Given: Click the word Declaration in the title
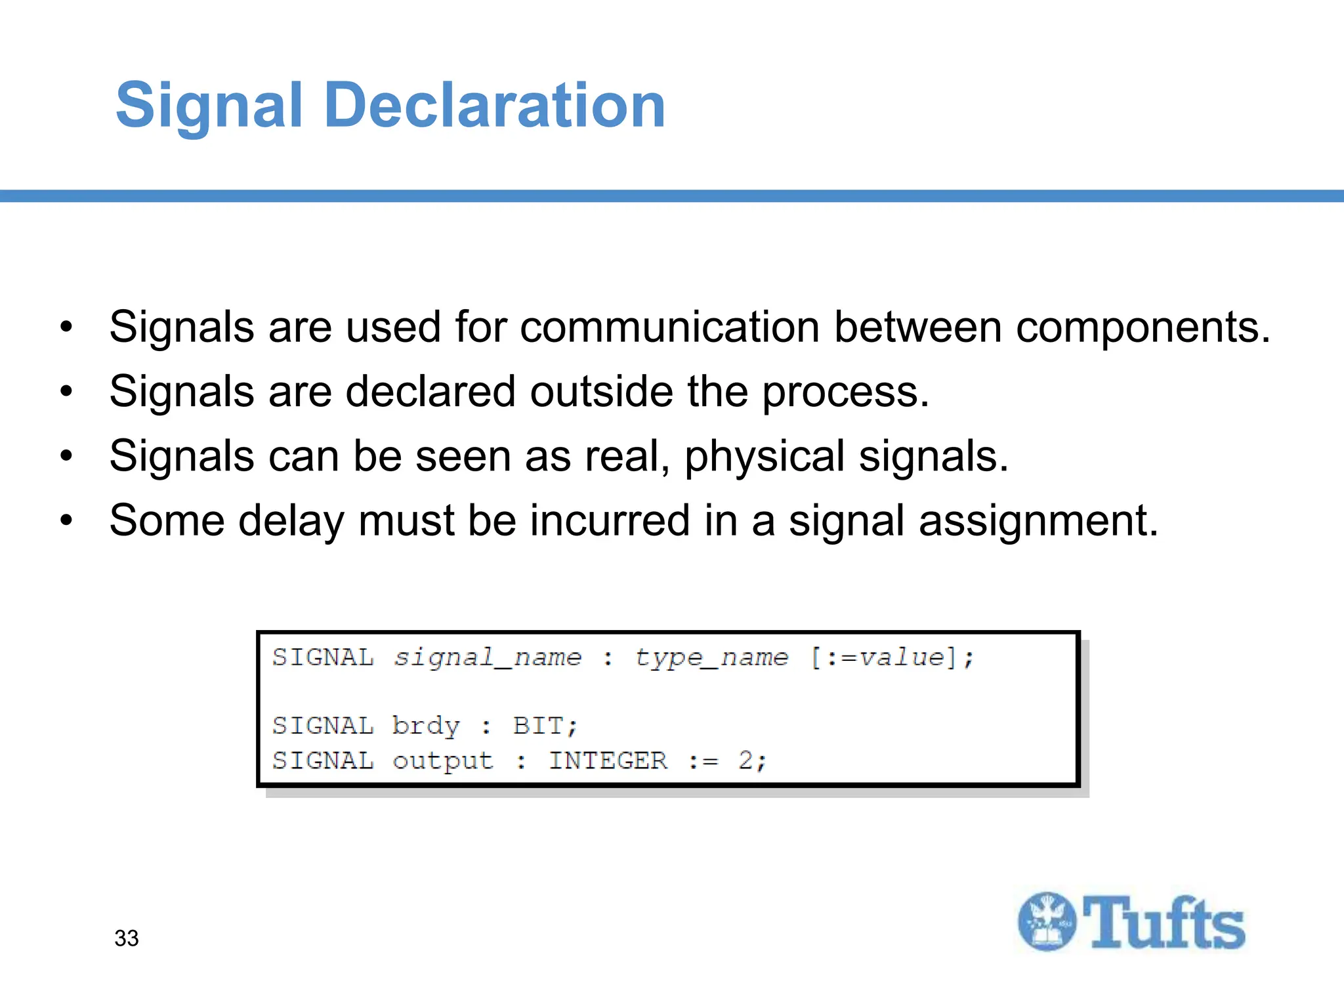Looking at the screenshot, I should tap(495, 105).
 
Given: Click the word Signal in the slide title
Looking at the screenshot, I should tap(209, 105).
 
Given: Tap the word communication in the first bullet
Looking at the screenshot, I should tap(669, 327).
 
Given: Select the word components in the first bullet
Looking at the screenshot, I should tap(1142, 327).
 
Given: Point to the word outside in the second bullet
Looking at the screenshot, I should tap(601, 392).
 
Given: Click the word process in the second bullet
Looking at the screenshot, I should tap(844, 392).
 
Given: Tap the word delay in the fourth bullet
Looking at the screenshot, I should tap(291, 520).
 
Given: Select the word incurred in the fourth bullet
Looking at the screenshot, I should tap(610, 520).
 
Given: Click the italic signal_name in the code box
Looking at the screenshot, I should tap(488, 657).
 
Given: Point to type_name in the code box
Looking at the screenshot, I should tap(711, 657).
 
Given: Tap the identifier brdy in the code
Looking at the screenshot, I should tap(426, 726).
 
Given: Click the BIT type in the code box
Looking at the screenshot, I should tap(537, 726).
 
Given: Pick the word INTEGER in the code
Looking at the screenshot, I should tap(608, 761).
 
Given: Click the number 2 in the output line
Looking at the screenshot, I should tap(745, 761).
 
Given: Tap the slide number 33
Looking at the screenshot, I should tap(127, 938).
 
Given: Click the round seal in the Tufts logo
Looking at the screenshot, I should tap(1047, 921).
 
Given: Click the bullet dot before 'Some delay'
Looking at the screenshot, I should tap(66, 520).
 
